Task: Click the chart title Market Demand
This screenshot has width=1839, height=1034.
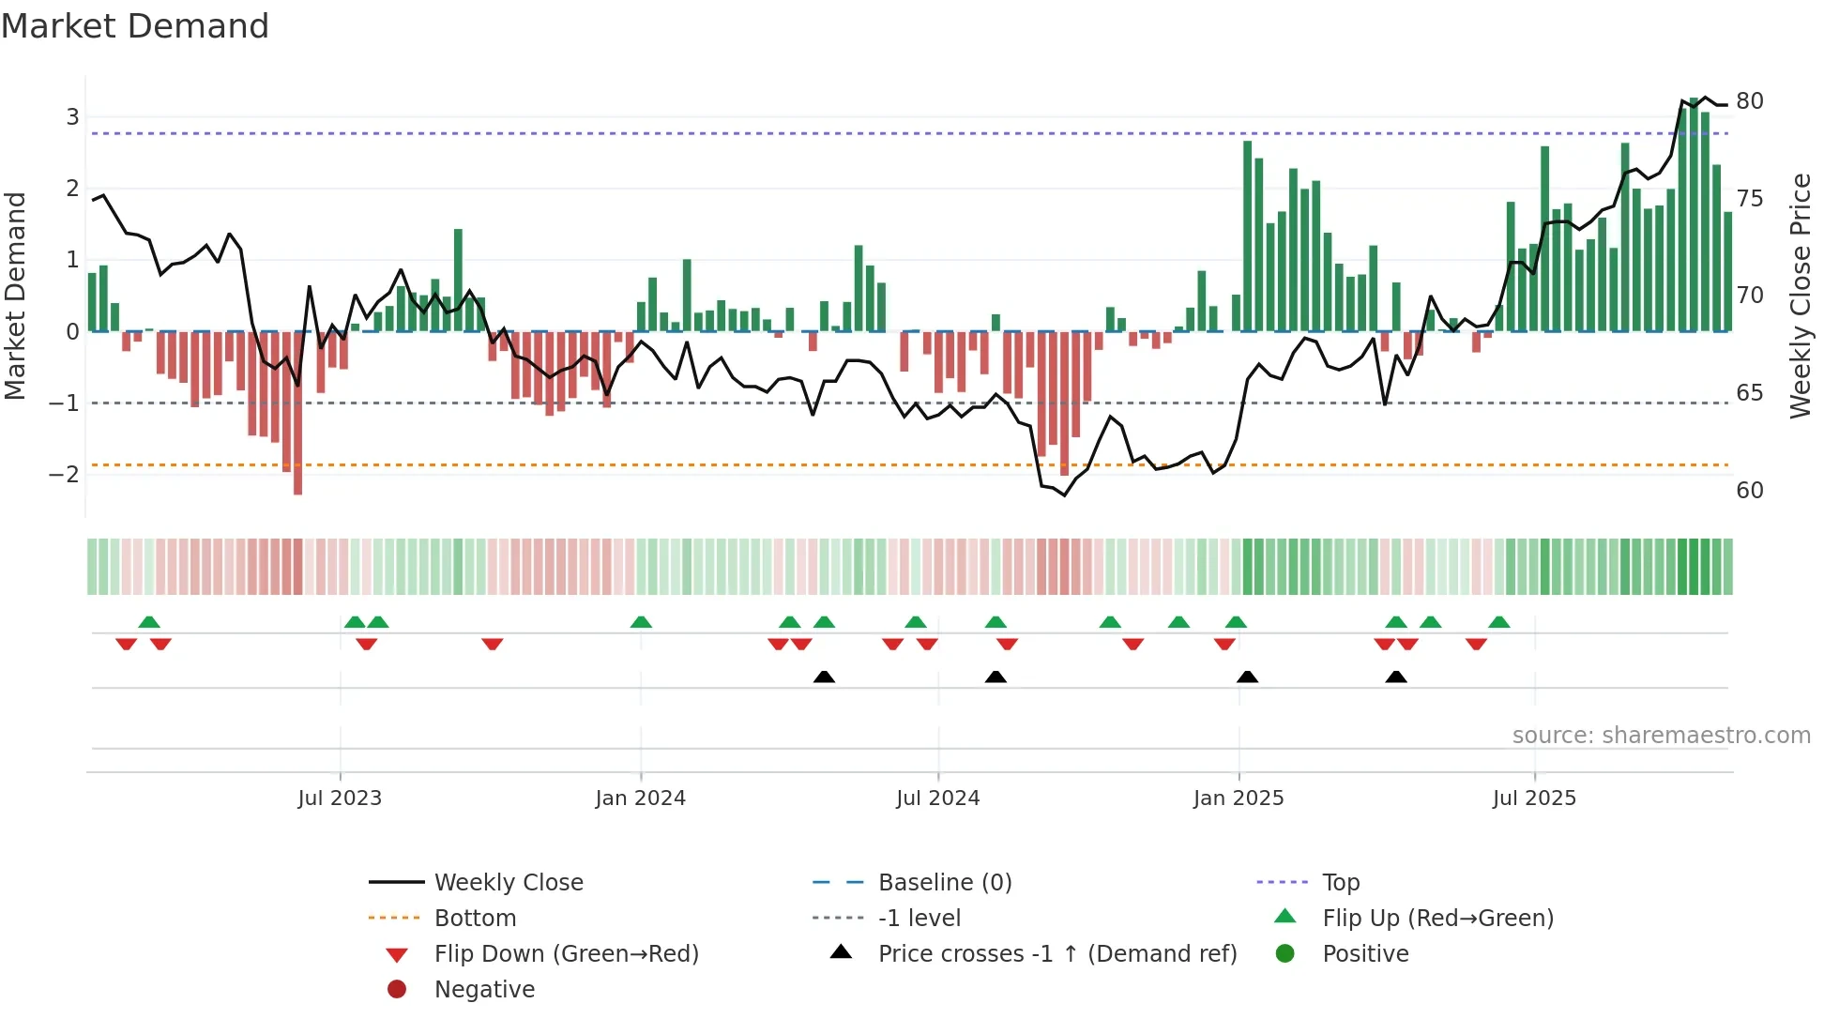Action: [135, 26]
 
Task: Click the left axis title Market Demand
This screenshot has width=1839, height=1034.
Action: [16, 296]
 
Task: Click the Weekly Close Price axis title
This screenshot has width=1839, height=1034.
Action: [1800, 296]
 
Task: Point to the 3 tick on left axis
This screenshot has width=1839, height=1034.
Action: [72, 117]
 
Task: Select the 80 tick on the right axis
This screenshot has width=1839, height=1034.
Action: [1749, 101]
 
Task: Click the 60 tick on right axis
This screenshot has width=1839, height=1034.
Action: [1749, 490]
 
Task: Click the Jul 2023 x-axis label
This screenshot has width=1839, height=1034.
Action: [340, 798]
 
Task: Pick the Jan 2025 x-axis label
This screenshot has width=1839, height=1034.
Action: [1239, 798]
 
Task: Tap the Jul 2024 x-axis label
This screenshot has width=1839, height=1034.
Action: [937, 798]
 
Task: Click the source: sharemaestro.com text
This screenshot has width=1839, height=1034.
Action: [1661, 735]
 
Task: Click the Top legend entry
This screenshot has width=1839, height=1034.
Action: [1340, 883]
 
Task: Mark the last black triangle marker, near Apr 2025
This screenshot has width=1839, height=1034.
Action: [1396, 677]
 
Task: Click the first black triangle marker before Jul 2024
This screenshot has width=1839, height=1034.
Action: [824, 677]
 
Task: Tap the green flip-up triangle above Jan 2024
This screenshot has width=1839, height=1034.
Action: [641, 623]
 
